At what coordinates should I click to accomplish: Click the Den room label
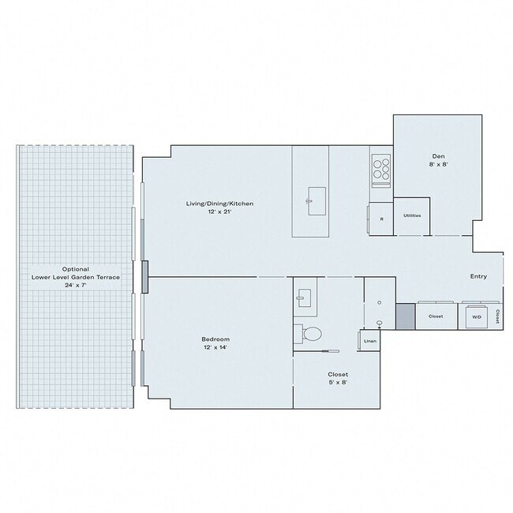pyautogui.click(x=439, y=155)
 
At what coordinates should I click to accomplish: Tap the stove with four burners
pyautogui.click(x=381, y=168)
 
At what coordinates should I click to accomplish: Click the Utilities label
pyautogui.click(x=411, y=215)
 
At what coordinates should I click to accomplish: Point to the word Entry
pyautogui.click(x=478, y=276)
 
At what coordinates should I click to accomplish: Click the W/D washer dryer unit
pyautogui.click(x=477, y=316)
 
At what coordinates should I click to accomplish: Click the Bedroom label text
pyautogui.click(x=215, y=339)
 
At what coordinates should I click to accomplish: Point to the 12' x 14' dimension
pyautogui.click(x=215, y=347)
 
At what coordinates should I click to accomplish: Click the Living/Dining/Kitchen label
pyautogui.click(x=219, y=204)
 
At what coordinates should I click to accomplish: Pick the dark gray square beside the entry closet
pyautogui.click(x=405, y=316)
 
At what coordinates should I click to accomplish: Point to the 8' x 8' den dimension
pyautogui.click(x=439, y=163)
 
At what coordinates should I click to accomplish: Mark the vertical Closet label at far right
pyautogui.click(x=498, y=316)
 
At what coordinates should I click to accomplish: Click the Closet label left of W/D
pyautogui.click(x=436, y=316)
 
